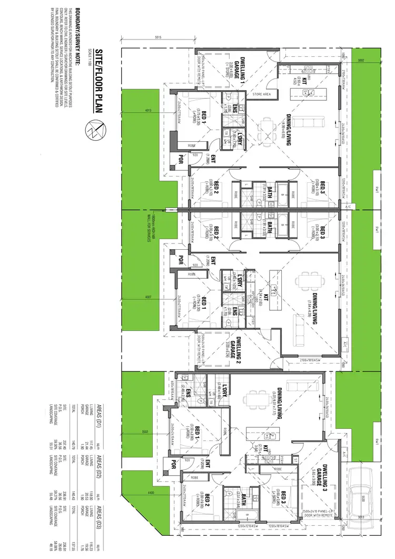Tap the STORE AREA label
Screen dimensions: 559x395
261,95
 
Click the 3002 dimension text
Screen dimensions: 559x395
361,61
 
